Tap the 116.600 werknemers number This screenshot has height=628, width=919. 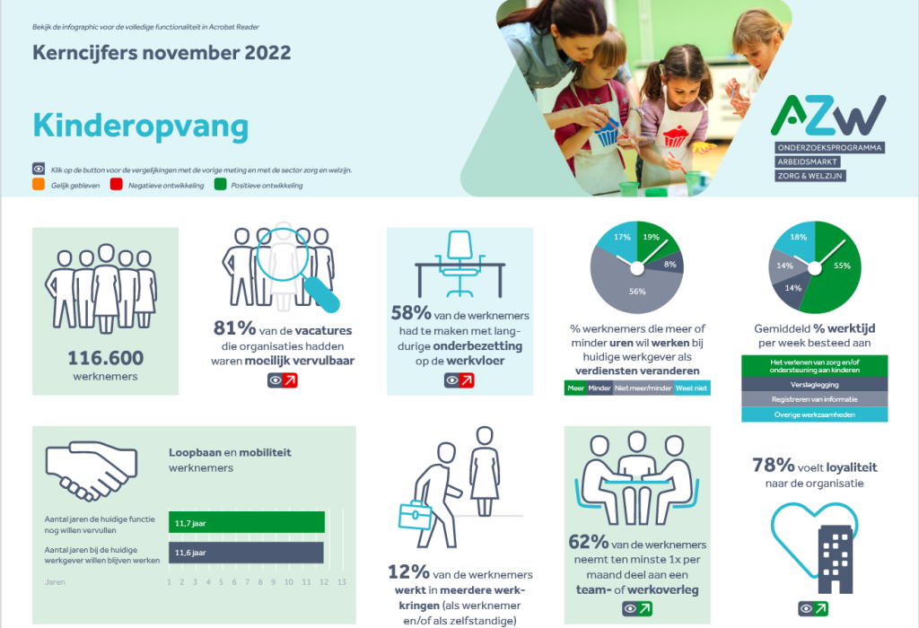(x=105, y=359)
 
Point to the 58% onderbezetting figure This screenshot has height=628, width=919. (x=409, y=314)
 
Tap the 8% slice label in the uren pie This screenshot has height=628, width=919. (x=670, y=264)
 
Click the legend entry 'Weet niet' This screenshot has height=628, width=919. (x=691, y=388)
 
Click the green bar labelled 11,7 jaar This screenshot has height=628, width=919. (x=247, y=522)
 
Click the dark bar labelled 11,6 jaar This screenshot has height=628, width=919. (x=247, y=553)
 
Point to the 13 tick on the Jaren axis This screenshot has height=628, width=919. (x=341, y=582)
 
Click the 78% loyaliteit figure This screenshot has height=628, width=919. (x=773, y=466)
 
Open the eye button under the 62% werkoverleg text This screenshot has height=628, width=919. (x=635, y=609)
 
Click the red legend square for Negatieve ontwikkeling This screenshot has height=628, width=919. (x=116, y=186)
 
